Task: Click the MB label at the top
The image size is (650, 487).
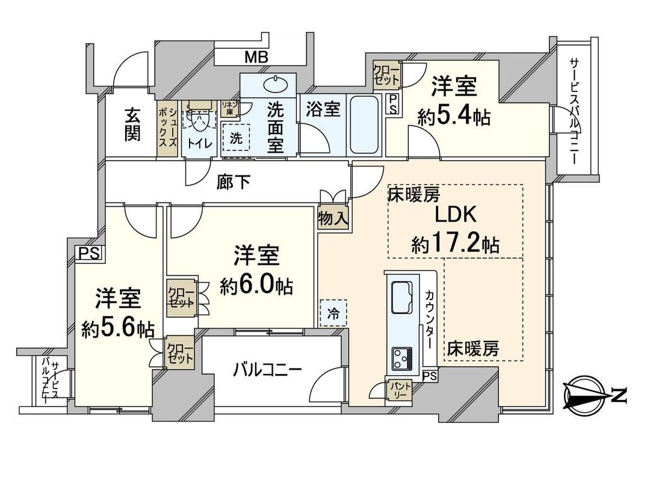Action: point(256,58)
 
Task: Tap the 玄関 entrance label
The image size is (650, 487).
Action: point(133,125)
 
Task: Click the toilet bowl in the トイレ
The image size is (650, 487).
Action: point(196,118)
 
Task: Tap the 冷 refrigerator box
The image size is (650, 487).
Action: point(333,313)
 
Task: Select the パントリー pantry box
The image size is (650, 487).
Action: point(400,390)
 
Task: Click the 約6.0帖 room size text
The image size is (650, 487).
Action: point(256,287)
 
